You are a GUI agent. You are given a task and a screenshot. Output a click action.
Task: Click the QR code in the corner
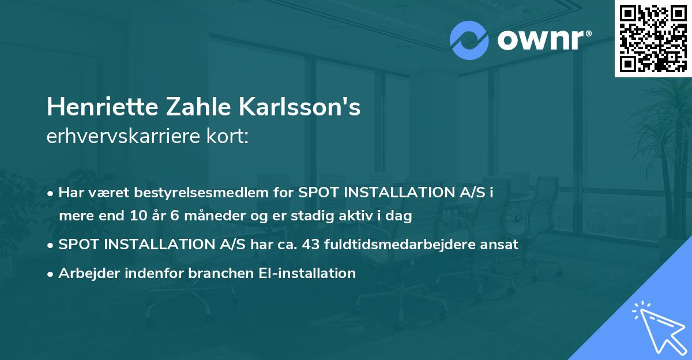pyautogui.click(x=653, y=38)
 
